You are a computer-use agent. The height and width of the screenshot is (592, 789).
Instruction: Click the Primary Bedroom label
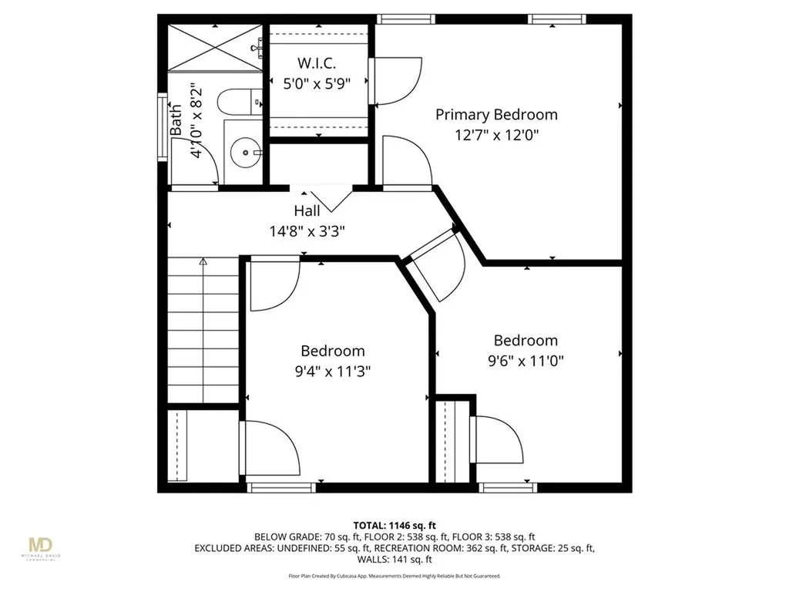[496, 115]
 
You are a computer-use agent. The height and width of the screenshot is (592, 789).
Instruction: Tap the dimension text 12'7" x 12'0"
[496, 135]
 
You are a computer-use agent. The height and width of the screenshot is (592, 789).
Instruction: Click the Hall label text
[307, 210]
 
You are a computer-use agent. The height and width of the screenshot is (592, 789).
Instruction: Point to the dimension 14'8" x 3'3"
[307, 230]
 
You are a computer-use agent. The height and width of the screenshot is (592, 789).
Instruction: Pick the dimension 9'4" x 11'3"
[332, 371]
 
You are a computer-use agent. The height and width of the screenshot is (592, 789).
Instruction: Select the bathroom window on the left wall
[163, 127]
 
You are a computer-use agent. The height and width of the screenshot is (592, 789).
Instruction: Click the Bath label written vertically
[176, 120]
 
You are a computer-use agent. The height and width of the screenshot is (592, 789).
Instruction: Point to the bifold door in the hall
[322, 198]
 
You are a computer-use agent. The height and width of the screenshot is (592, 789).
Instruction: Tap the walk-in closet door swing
[397, 80]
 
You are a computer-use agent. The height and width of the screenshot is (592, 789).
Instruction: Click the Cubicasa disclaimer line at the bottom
[394, 575]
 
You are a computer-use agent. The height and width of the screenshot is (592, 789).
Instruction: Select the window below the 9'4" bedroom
[280, 486]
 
